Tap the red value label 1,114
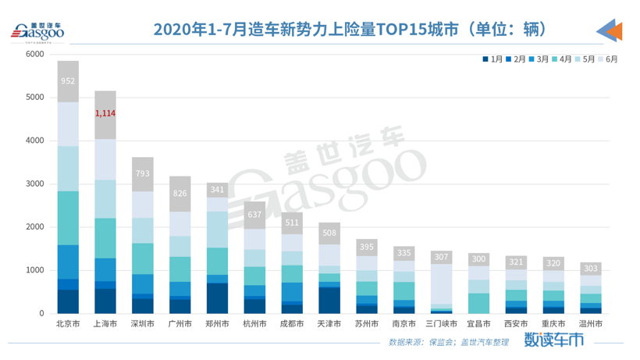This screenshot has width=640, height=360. click(x=105, y=114)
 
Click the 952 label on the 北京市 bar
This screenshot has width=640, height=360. click(x=68, y=80)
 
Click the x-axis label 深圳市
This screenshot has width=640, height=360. click(x=142, y=323)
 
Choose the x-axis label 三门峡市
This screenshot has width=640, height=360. click(x=441, y=323)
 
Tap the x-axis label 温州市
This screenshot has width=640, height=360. click(x=590, y=323)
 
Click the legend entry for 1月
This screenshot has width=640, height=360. click(x=492, y=59)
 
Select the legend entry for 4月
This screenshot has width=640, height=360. click(x=560, y=59)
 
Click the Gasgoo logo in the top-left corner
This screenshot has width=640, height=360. click(x=37, y=31)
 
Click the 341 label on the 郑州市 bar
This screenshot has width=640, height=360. click(x=217, y=190)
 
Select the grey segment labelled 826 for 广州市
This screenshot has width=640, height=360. click(x=180, y=194)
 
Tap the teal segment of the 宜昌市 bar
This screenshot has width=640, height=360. click(x=478, y=303)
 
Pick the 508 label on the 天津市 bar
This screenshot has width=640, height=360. click(x=329, y=233)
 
